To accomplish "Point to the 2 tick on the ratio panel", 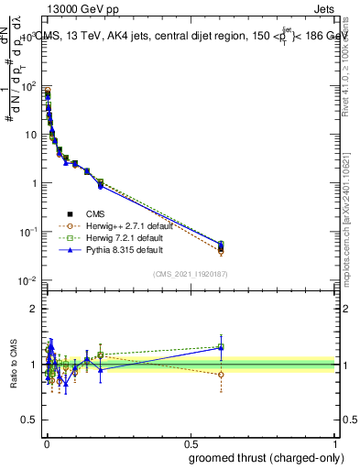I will point(33,309).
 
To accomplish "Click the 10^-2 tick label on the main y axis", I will point(27,280).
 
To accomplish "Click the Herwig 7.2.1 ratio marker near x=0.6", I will point(221,346).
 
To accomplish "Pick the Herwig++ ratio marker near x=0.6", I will point(221,374).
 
